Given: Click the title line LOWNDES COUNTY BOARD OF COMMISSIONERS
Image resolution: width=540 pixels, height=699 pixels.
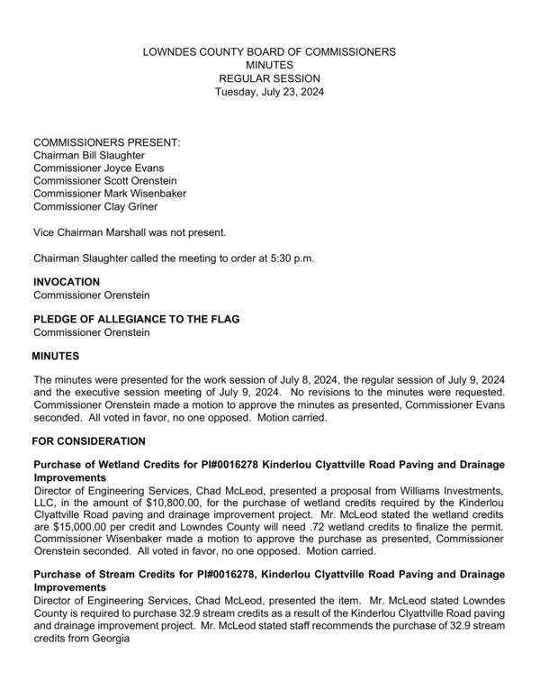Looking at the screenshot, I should click(x=269, y=53).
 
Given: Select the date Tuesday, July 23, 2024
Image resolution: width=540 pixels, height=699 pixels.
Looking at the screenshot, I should click(x=269, y=92).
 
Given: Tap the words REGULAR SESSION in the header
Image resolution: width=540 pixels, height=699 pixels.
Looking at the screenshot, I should click(x=269, y=79).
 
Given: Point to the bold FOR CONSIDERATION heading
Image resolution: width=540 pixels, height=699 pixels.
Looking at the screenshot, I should click(x=88, y=441).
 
